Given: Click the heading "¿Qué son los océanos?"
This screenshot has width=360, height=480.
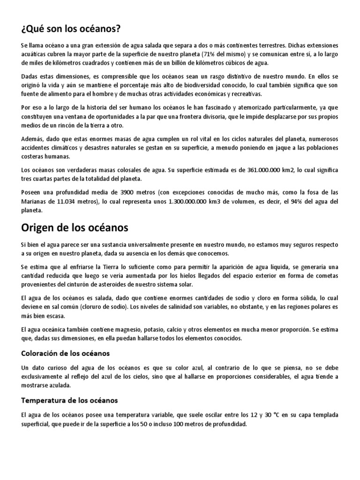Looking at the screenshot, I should click(71, 30).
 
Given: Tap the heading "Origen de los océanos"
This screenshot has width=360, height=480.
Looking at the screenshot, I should click(75, 228).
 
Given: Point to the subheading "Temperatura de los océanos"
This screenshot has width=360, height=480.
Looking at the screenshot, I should click(69, 400).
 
